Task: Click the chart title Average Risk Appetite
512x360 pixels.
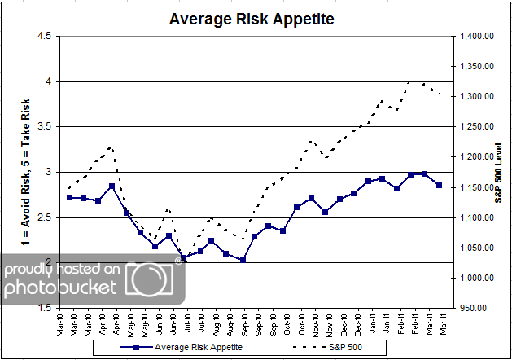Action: [250, 19]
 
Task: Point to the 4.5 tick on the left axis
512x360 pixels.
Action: [43, 36]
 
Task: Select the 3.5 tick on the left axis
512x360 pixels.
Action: [43, 126]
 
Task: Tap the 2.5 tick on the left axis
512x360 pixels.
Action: [43, 217]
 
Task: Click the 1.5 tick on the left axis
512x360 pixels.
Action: [43, 308]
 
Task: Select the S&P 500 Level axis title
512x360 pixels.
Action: [498, 172]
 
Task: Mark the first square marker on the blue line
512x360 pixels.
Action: [69, 197]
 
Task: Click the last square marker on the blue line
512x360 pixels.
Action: [440, 186]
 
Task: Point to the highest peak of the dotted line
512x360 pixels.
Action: [413, 81]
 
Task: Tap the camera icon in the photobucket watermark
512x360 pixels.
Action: [155, 279]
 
